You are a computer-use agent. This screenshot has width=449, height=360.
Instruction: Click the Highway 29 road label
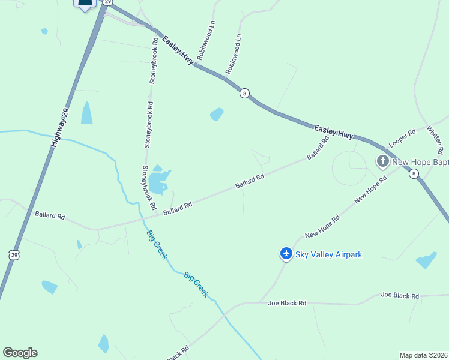[62, 128]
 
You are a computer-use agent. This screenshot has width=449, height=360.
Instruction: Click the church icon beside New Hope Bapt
[382, 161]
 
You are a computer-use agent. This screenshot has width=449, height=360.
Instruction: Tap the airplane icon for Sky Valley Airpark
[286, 254]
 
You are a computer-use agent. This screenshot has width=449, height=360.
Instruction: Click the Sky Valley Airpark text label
[328, 255]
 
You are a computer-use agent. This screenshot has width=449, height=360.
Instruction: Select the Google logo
[20, 353]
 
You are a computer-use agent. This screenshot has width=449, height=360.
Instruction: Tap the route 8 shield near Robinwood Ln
[244, 93]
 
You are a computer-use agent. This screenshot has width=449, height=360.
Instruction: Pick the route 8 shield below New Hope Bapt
[413, 174]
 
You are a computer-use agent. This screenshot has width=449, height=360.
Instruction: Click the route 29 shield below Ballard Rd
[14, 255]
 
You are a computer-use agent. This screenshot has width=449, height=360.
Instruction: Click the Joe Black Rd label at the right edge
[400, 296]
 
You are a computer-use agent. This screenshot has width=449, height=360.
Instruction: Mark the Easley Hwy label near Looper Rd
[334, 131]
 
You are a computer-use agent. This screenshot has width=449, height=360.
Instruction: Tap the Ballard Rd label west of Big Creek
[50, 215]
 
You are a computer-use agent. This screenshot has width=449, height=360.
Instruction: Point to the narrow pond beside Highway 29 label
[87, 113]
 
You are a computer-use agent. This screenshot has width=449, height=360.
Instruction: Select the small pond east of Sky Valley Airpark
[426, 260]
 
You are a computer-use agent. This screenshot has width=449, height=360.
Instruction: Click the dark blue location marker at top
[85, 3]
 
